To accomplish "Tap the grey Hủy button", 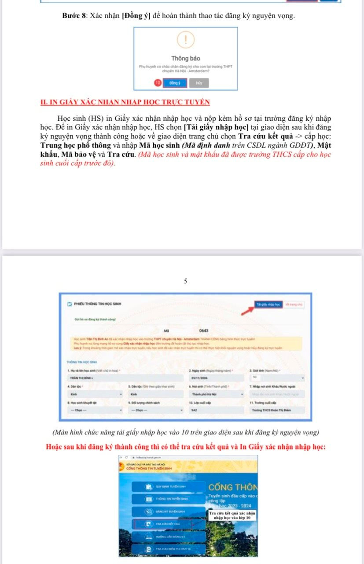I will pos(199,83).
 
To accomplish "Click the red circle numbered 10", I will pos(157,83).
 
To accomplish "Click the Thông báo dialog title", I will pos(186,58).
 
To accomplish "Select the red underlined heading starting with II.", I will pos(125,102).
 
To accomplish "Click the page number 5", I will pos(186,281).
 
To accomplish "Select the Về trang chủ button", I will pos(294,304).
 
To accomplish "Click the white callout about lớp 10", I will pos(232,516).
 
